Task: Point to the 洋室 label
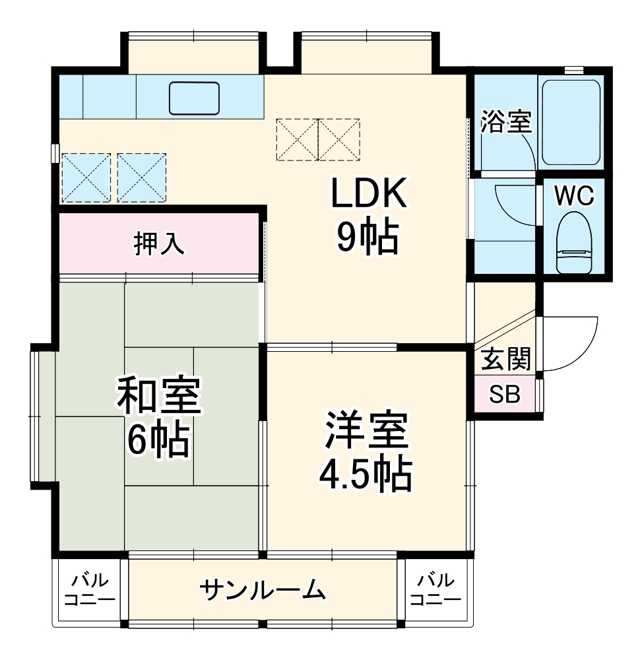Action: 366,431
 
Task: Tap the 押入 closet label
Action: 158,244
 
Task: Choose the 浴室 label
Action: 506,123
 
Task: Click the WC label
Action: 574,195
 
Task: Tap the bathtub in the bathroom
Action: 571,123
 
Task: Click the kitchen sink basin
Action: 194,98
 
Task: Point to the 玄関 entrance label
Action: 505,360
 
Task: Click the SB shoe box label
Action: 505,395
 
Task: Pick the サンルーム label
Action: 264,589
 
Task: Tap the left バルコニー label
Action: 90,590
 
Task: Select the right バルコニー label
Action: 435,590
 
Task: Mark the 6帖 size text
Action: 158,439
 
